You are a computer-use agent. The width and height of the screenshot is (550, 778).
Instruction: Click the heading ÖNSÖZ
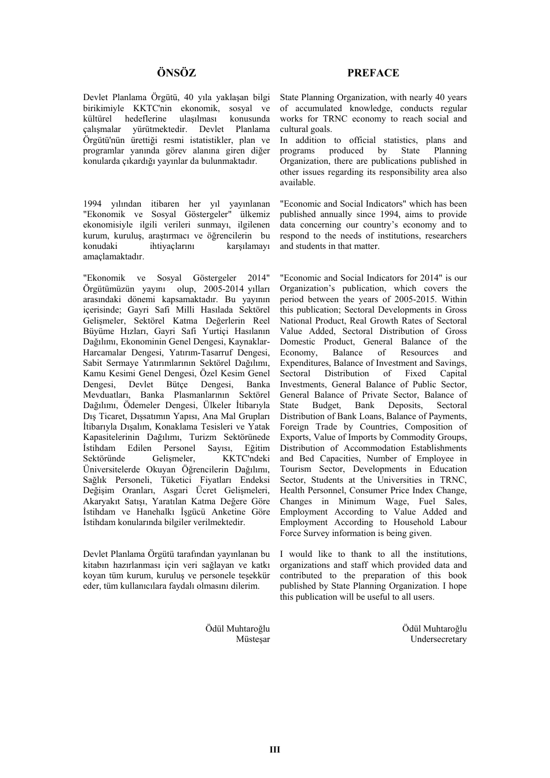pos(177,73)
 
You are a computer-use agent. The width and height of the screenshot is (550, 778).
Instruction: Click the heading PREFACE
pos(373,73)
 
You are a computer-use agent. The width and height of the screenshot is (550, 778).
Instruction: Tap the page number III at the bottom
pos(275,750)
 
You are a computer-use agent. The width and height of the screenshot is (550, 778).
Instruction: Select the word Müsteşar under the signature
pos(252,639)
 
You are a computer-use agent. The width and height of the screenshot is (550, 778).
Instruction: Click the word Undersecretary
pos(438,639)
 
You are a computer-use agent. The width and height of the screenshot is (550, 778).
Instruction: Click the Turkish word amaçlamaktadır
pos(113,257)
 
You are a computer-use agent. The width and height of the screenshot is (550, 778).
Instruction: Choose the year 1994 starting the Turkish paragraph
pos(93,204)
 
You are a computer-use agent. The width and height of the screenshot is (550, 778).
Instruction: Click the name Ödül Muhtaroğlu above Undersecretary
pos(434,629)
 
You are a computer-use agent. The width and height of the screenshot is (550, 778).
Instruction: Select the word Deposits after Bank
pos(405,405)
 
